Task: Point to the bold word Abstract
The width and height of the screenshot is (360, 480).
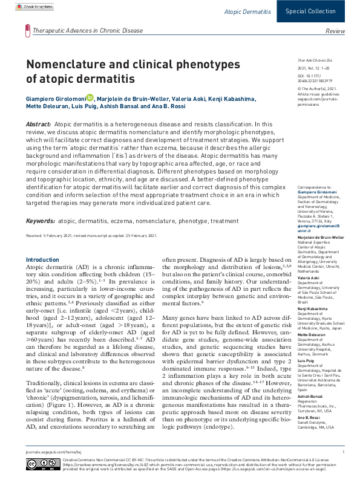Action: (39, 124)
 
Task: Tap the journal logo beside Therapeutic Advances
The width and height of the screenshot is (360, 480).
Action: (27, 28)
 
